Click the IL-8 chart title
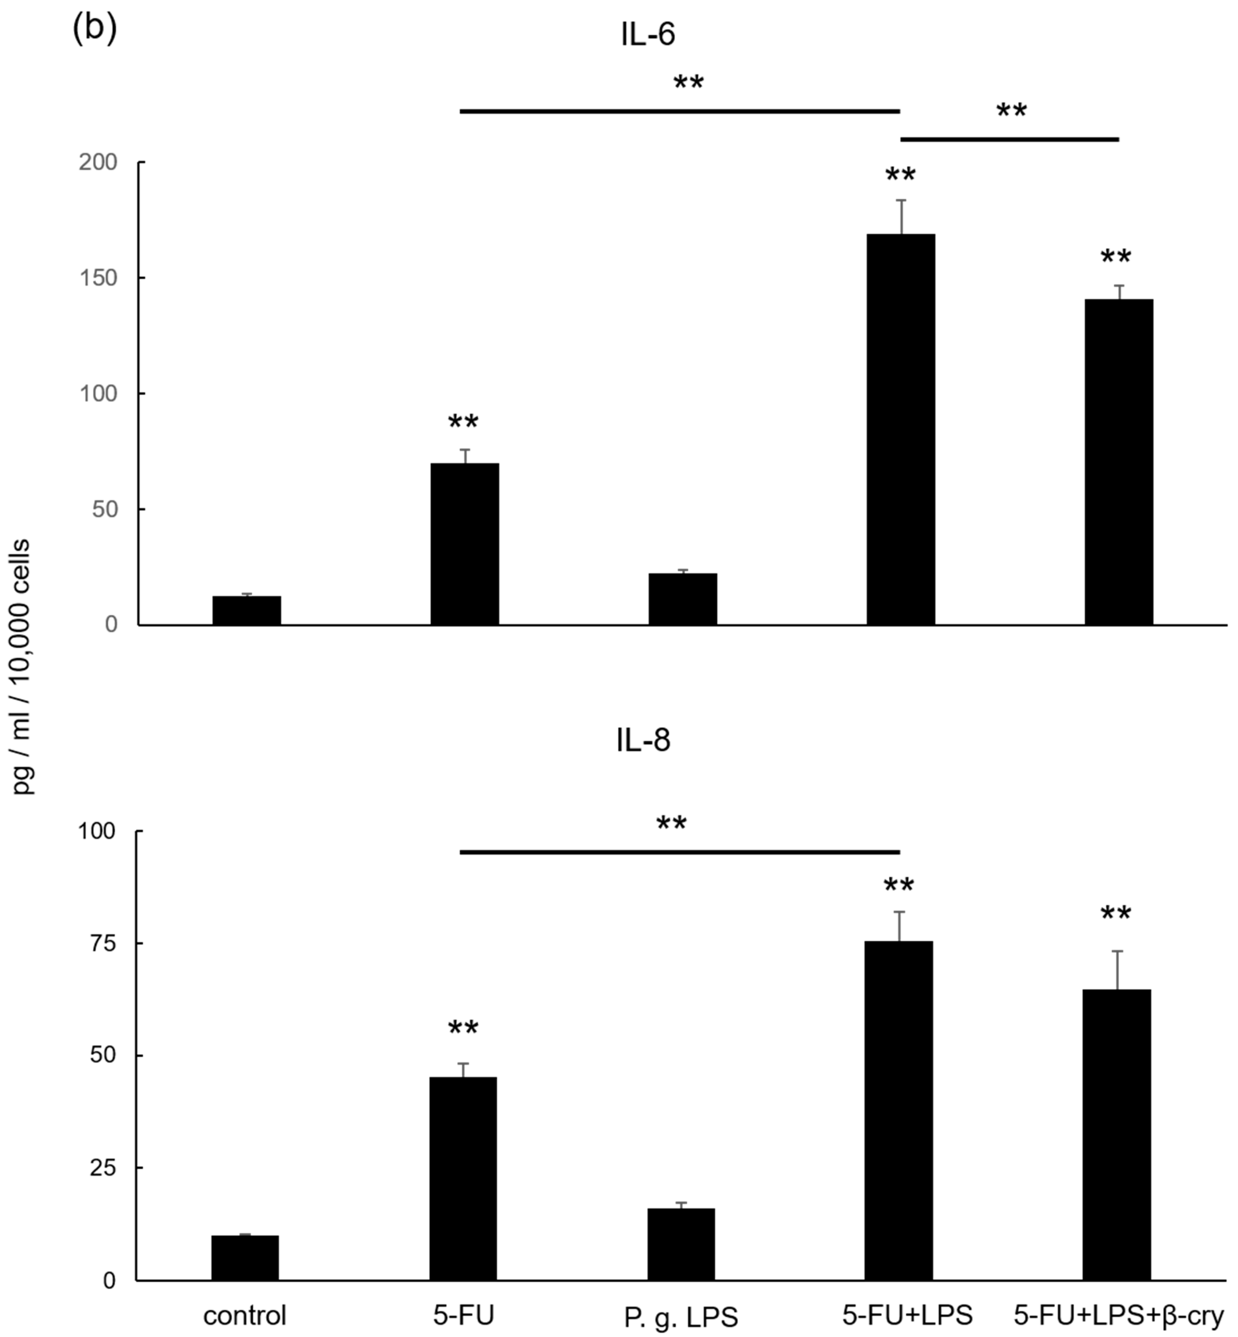point(643,741)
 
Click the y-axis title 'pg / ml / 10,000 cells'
point(22,667)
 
